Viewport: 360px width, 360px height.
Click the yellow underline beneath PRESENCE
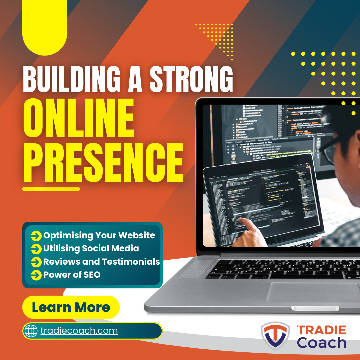point(51,189)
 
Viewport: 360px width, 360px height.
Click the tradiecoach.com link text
point(79,331)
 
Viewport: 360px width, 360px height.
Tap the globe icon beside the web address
point(31,331)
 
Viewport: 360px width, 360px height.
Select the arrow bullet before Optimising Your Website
point(36,236)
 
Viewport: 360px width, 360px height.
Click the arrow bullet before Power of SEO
point(36,275)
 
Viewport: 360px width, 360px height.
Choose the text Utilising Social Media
point(91,248)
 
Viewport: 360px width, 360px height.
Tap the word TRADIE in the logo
point(322,330)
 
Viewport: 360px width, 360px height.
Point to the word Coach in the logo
point(322,343)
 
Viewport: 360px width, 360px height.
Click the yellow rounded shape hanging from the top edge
point(45,27)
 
